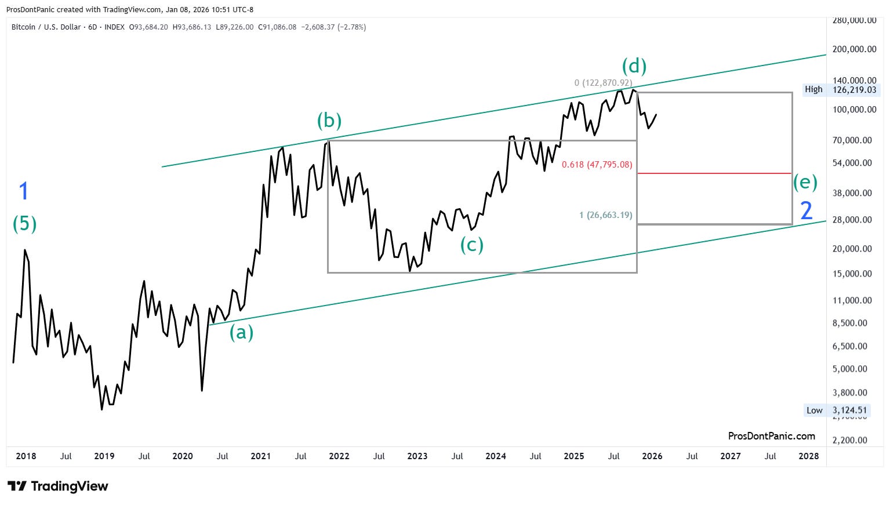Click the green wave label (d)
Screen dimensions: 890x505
pyautogui.click(x=634, y=66)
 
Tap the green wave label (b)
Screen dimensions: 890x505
pyautogui.click(x=329, y=121)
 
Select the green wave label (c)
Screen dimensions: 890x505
pyautogui.click(x=471, y=245)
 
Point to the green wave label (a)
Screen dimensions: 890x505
pyautogui.click(x=241, y=333)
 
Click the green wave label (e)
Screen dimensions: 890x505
pyautogui.click(x=805, y=183)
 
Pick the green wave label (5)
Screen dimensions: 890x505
pyautogui.click(x=24, y=223)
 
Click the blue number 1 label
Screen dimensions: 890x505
pyautogui.click(x=24, y=191)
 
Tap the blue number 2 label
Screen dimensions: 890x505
pyautogui.click(x=806, y=210)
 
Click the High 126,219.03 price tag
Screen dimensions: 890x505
pyautogui.click(x=841, y=90)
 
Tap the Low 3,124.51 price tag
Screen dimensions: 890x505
pyautogui.click(x=836, y=410)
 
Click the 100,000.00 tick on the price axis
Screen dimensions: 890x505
pyautogui.click(x=854, y=109)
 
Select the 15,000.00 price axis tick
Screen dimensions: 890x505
pyautogui.click(x=852, y=274)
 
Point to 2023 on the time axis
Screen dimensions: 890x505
pyautogui.click(x=417, y=456)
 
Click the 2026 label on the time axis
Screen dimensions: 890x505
pyautogui.click(x=652, y=456)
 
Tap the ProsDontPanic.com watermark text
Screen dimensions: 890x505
pyautogui.click(x=771, y=436)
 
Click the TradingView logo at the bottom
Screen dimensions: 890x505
pyautogui.click(x=58, y=486)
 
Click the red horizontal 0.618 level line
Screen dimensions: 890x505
pyautogui.click(x=714, y=173)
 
